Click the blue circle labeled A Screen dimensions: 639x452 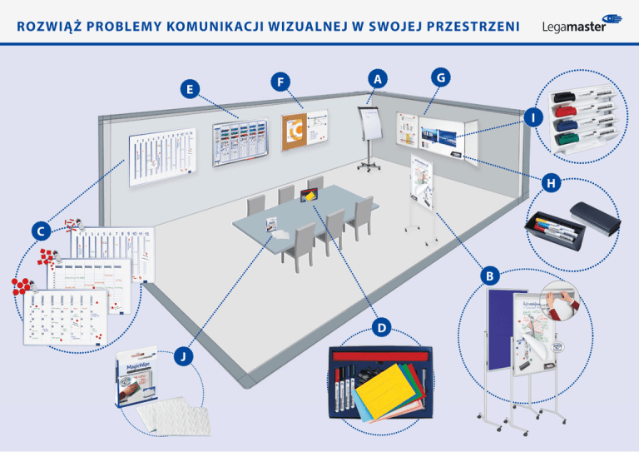pos(379,78)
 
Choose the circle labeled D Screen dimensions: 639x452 pos(379,329)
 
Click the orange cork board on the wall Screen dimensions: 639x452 pos(295,132)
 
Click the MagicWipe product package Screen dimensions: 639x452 pos(141,379)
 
